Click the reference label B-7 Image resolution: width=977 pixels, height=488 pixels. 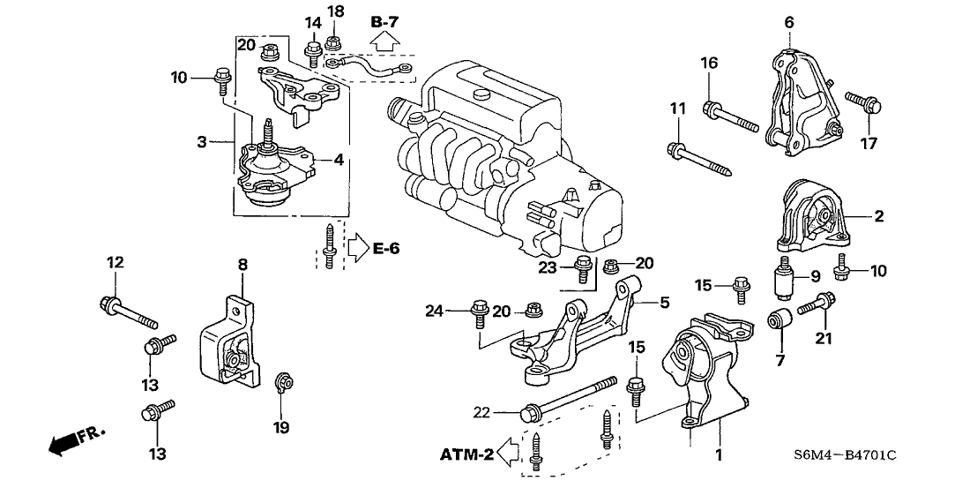385,19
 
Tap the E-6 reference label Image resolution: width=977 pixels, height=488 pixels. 385,249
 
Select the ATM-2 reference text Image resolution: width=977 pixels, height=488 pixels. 466,455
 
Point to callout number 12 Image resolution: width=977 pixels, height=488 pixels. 116,262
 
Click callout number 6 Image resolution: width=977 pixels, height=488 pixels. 789,21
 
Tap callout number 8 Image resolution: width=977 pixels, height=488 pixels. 242,264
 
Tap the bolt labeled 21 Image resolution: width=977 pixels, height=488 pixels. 813,305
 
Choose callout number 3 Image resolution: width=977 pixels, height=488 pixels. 202,141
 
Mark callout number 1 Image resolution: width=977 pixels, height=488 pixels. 718,456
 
